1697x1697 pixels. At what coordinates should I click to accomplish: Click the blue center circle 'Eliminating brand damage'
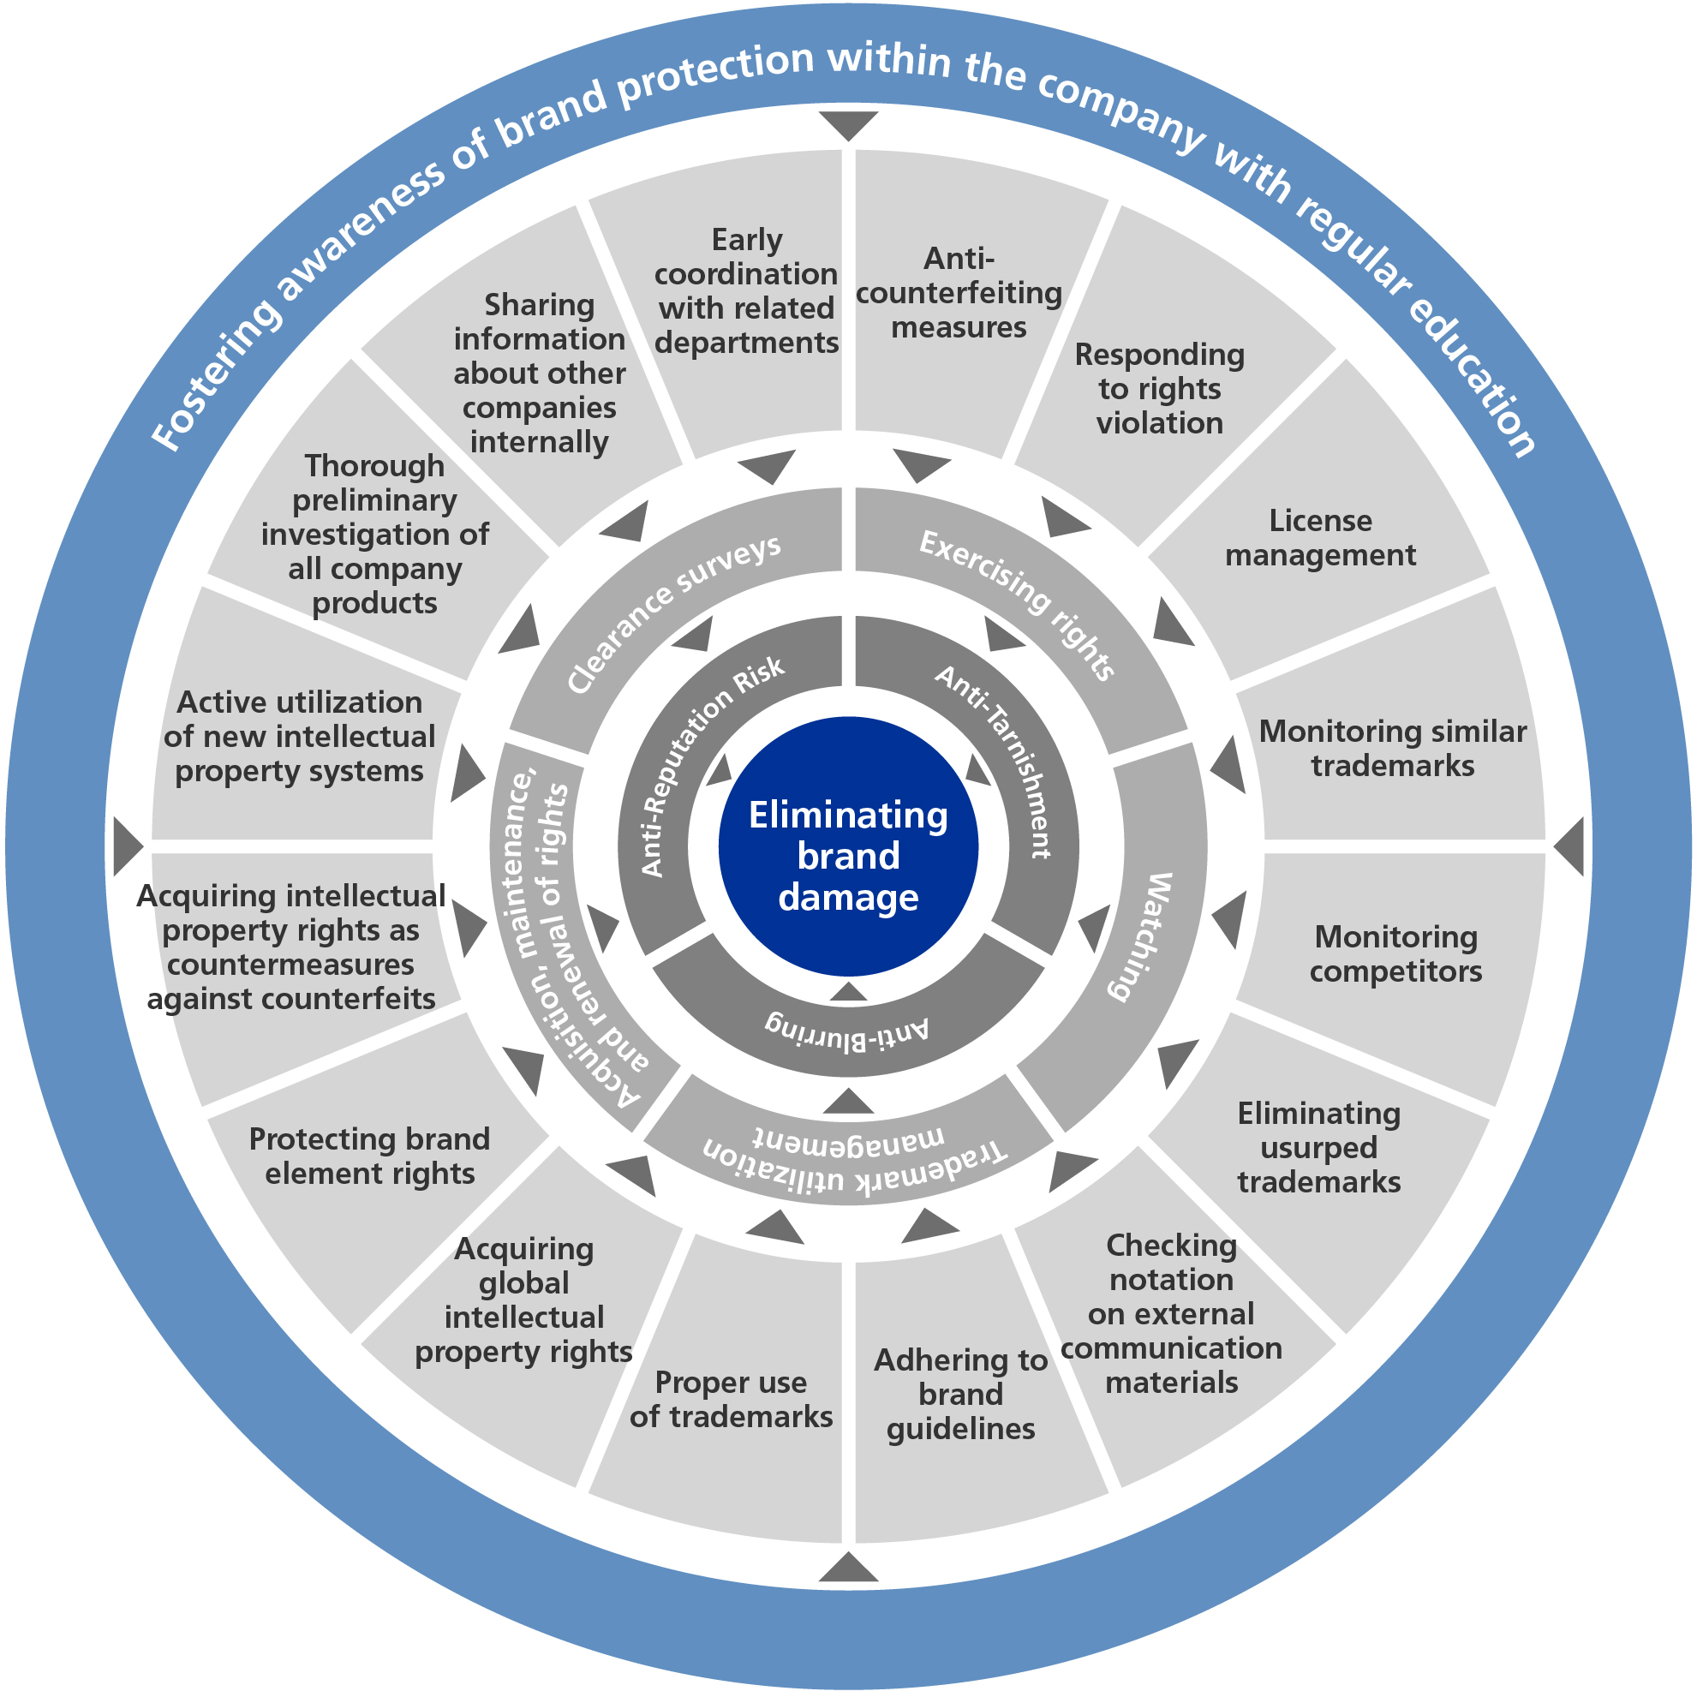tap(847, 846)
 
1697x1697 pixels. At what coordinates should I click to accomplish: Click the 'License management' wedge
tap(1319, 538)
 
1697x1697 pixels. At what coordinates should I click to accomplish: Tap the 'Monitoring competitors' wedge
tap(1395, 954)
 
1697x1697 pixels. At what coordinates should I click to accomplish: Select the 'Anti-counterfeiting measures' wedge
tap(959, 292)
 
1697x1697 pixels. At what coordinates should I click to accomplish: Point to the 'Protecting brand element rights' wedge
tap(370, 1156)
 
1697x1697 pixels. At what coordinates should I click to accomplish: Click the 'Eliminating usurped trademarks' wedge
tap(1318, 1147)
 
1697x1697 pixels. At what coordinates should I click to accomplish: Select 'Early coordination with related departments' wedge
tap(746, 290)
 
